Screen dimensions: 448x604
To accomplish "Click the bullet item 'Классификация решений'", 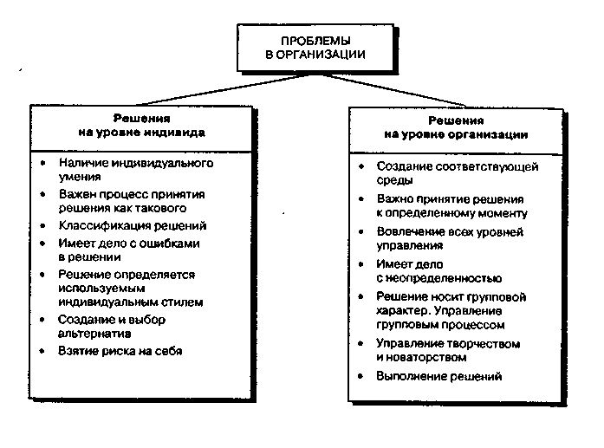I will [x=133, y=225].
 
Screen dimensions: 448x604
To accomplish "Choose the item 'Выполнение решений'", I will [x=439, y=376].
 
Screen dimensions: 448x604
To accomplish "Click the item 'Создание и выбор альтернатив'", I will [x=112, y=326].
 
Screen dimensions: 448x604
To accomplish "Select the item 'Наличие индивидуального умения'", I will [x=136, y=169].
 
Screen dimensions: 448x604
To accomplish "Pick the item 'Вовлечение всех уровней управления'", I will [x=450, y=238].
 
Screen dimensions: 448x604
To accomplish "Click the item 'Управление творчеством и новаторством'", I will [x=448, y=351].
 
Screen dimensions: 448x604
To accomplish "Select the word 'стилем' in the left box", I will [x=184, y=302].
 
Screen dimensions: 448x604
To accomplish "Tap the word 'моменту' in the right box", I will [x=503, y=213].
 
